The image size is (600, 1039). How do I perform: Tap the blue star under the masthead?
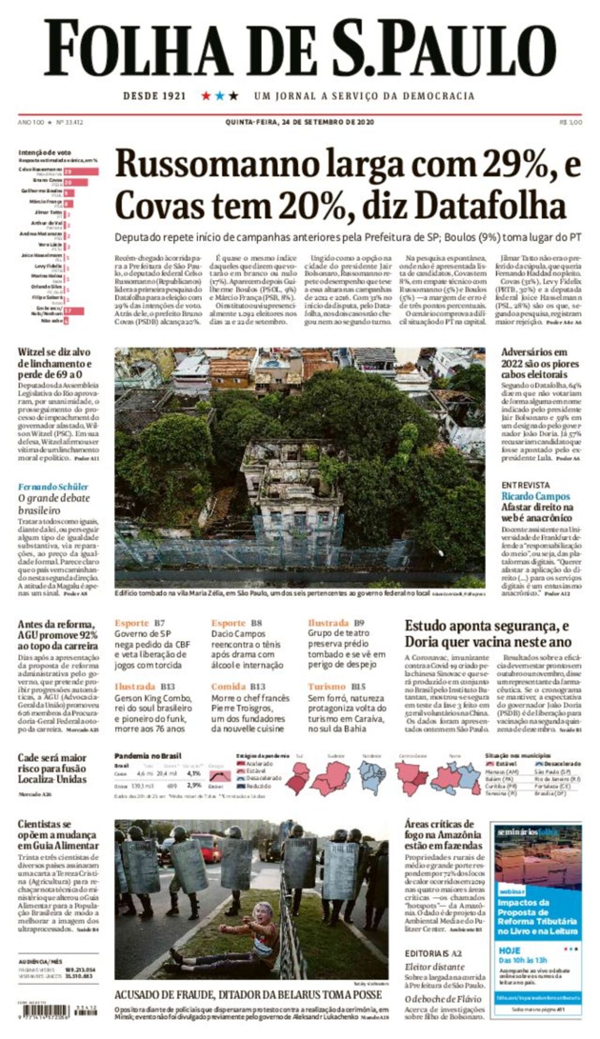[x=220, y=96]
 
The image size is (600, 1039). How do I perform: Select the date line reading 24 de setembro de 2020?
[x=299, y=122]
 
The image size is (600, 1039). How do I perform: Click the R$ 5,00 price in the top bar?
[x=571, y=122]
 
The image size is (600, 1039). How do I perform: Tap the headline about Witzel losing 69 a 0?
[x=54, y=363]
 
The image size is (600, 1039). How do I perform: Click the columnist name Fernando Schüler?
[x=53, y=486]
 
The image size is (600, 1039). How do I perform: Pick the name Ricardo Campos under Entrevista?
[x=536, y=496]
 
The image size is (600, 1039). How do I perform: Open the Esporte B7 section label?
[x=139, y=623]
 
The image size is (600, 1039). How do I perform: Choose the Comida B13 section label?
[x=238, y=686]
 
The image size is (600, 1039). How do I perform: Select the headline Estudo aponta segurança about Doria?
[x=487, y=633]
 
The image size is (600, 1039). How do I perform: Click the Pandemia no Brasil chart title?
[x=148, y=756]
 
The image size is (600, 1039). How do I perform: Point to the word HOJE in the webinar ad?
[x=509, y=950]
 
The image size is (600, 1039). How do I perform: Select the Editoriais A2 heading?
[x=433, y=953]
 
